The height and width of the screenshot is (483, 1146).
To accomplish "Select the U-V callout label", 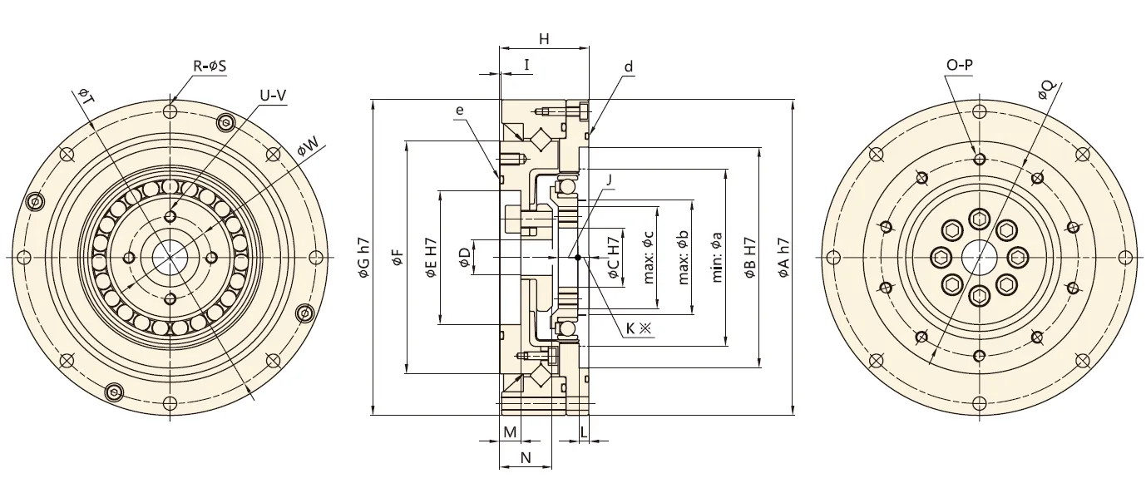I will click(x=273, y=96).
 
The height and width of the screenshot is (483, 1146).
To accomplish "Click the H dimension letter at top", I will click(x=544, y=39).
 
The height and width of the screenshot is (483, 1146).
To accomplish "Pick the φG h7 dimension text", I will click(x=363, y=258).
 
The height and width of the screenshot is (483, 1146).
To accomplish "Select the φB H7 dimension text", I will click(x=750, y=258).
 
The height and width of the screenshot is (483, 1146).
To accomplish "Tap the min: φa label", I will click(x=716, y=258).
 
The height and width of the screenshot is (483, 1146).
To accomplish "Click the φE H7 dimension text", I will click(x=431, y=258).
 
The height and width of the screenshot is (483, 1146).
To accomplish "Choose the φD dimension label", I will click(x=464, y=259).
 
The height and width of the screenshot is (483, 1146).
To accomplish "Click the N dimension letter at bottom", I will click(x=525, y=458).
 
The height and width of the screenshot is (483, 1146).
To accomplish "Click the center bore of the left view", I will click(x=170, y=257).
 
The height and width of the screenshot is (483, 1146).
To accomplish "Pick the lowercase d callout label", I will click(x=629, y=66).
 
